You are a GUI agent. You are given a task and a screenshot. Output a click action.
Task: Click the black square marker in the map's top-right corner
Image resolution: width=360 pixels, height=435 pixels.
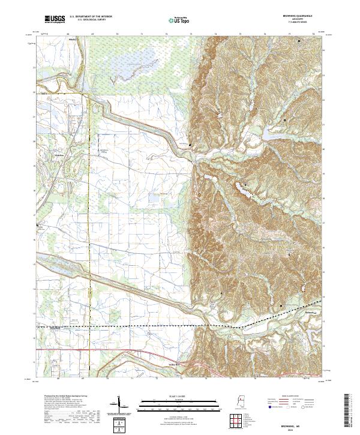point(299,40)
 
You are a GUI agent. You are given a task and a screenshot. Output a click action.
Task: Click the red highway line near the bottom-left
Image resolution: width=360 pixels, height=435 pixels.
point(60,349)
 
